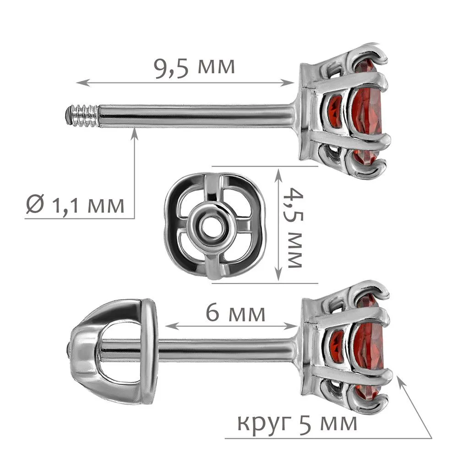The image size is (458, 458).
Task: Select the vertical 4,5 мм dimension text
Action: pos(294,227)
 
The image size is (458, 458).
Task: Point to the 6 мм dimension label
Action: pos(235,313)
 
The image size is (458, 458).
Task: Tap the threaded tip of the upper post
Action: pos(82,115)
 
